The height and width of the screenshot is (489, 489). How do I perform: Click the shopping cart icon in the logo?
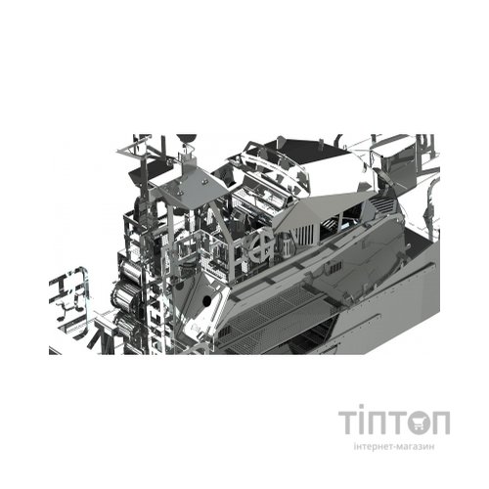419,422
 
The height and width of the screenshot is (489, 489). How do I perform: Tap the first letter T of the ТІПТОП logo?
347,422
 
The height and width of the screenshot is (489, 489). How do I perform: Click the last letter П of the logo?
441,422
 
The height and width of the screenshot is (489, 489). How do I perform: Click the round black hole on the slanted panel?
206,301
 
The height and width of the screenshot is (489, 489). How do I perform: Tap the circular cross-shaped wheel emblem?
262,245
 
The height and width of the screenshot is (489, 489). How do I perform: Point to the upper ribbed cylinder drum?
130,271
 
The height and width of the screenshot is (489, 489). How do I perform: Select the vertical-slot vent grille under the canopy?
304,234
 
